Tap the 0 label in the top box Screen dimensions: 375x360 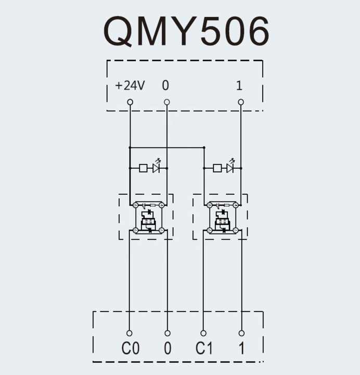coord(165,85)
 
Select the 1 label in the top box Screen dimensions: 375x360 coord(239,85)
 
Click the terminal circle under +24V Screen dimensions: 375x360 coord(130,102)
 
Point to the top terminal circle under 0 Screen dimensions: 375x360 coord(166,102)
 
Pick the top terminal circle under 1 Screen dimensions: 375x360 coord(241,102)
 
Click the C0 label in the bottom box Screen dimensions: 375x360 coord(131,348)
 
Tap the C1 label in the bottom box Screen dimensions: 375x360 coord(204,348)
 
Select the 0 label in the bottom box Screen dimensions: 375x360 coord(168,348)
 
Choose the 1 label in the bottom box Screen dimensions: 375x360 coord(241,348)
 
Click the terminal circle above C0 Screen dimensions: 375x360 coord(130,333)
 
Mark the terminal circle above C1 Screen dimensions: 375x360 coord(203,333)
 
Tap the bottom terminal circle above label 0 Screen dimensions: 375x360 coord(167,333)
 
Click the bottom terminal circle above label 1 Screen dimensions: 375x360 coord(241,333)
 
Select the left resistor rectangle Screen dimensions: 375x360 coord(143,168)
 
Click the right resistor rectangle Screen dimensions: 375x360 coord(217,168)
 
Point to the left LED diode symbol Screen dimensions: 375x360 coord(156,168)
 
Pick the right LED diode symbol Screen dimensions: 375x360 coord(229,168)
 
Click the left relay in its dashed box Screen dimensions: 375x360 coord(148,217)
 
